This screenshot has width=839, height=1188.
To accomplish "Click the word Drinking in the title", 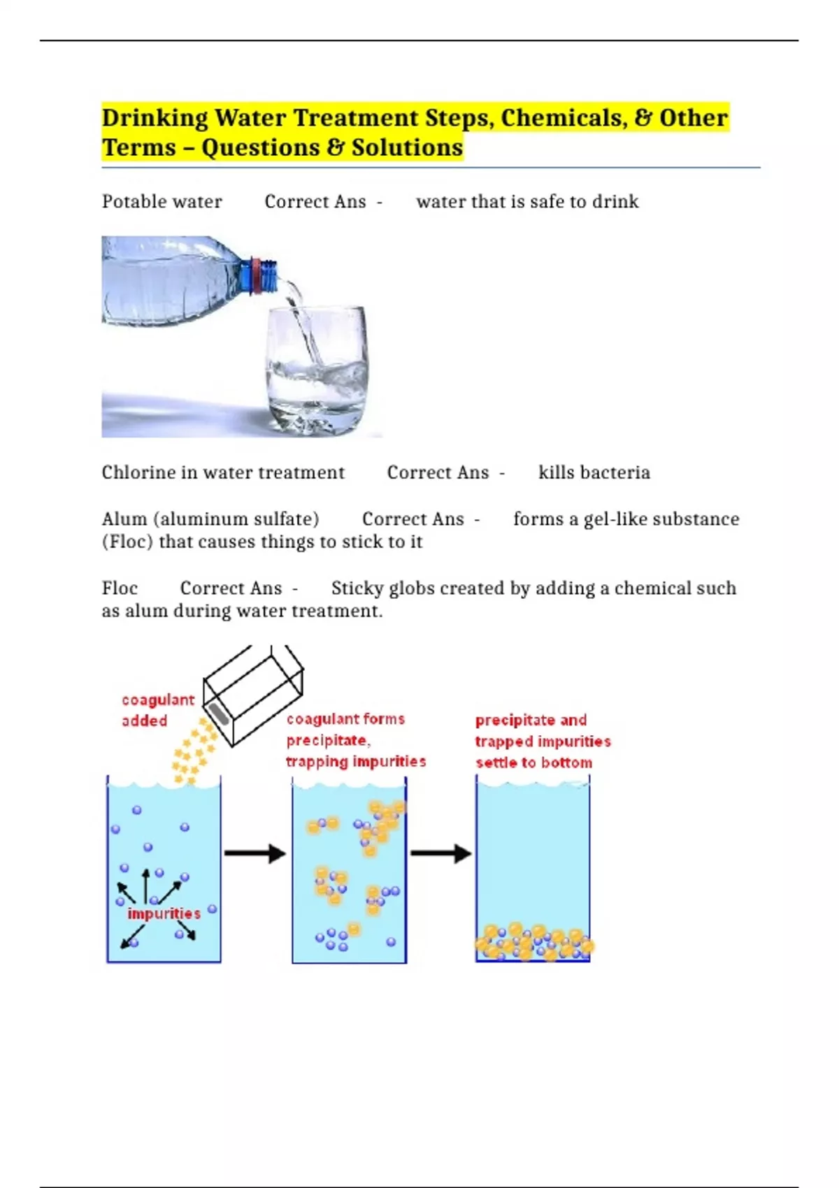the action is (x=155, y=118).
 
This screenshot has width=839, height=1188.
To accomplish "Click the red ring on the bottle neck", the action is (x=257, y=275).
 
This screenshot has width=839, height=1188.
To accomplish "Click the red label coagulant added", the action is (x=158, y=710).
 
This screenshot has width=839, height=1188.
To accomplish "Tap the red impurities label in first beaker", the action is (x=164, y=913).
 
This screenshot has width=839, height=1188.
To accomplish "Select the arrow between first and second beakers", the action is (x=254, y=853).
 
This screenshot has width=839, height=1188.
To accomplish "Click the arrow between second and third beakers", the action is (x=441, y=853).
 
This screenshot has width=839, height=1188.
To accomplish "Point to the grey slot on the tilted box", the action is (x=219, y=714).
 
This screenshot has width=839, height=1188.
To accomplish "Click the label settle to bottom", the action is (x=533, y=762).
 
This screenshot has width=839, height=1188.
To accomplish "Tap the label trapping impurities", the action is (x=356, y=762).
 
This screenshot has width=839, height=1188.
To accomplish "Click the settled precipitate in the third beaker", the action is (x=534, y=942).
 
